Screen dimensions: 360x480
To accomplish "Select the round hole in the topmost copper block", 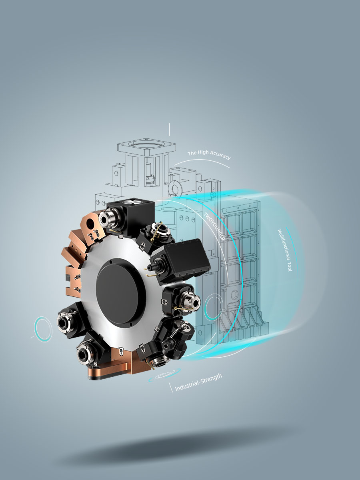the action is (90, 223).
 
